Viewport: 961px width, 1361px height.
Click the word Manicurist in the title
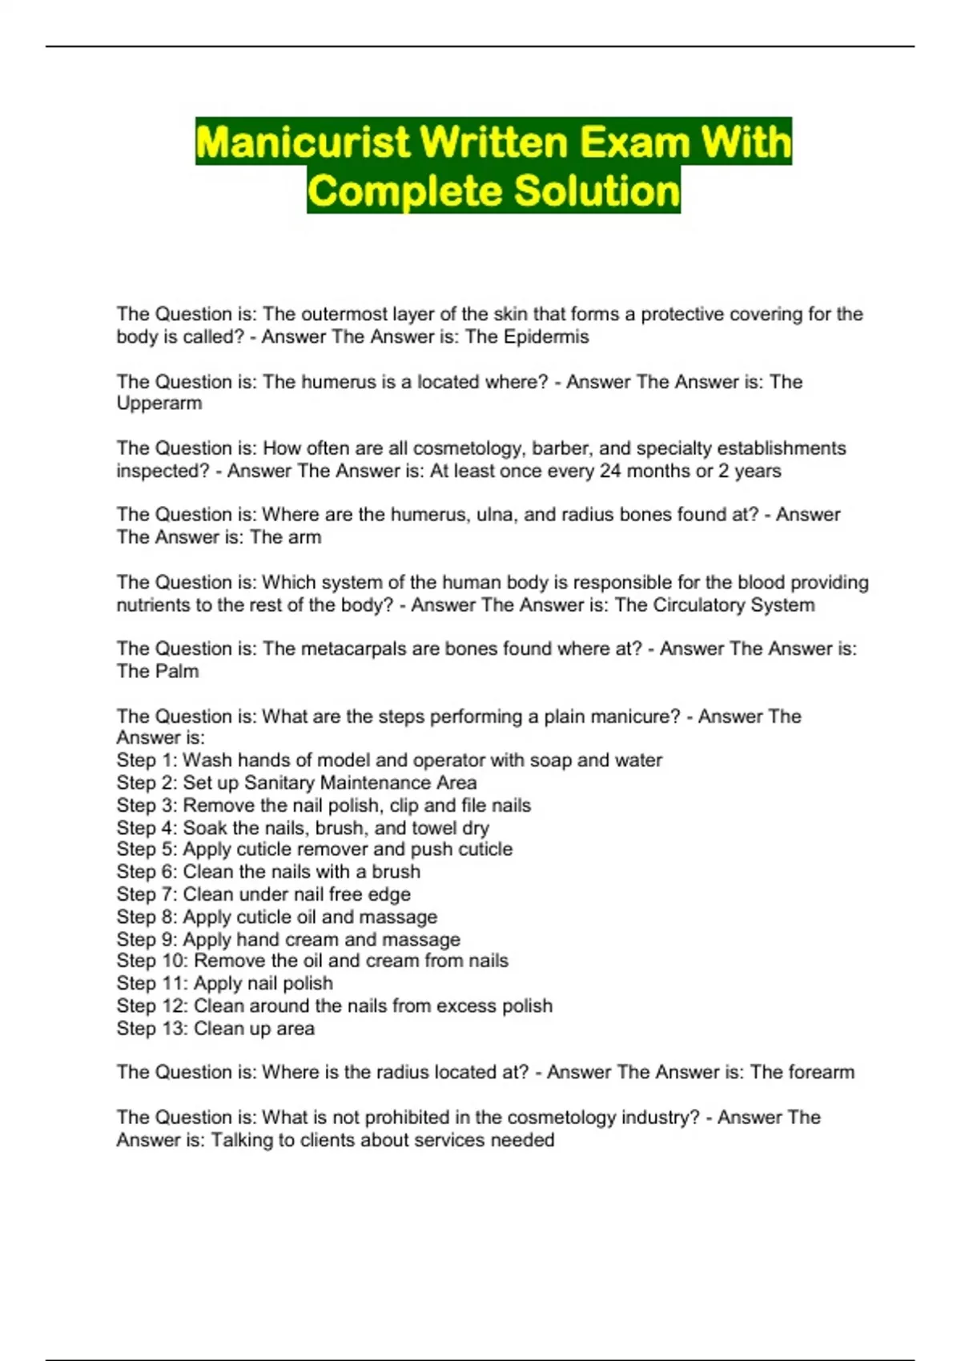click(x=304, y=143)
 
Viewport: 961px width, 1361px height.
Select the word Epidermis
click(x=546, y=337)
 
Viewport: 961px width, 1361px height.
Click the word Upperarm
click(x=159, y=403)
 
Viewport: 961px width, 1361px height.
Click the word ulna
click(x=495, y=515)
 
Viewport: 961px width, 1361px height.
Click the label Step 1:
click(x=147, y=761)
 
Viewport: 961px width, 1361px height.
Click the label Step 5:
click(x=147, y=849)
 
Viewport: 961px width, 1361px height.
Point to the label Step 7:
click(x=147, y=894)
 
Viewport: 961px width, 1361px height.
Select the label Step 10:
click(x=152, y=961)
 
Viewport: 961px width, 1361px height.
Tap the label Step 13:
click(x=152, y=1029)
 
